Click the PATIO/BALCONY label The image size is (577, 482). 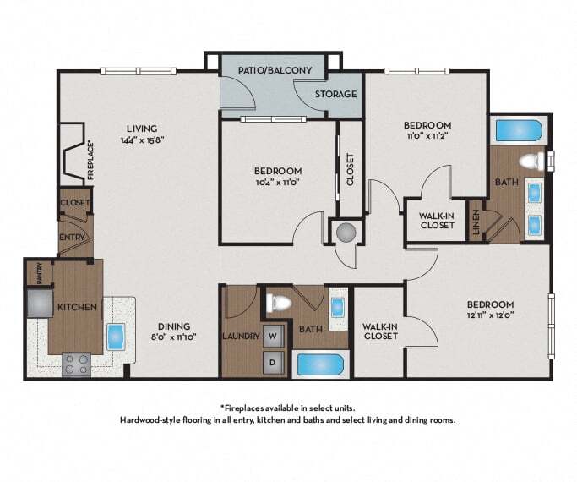pos(275,70)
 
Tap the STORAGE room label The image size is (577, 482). pos(335,94)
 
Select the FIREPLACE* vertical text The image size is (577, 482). pos(91,162)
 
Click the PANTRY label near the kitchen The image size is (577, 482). pos(40,273)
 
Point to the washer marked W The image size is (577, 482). pos(273,337)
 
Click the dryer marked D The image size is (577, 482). pos(273,362)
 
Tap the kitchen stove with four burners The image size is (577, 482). pos(77,364)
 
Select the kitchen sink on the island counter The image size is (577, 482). pos(117,337)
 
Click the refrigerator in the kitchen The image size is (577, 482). pos(40,303)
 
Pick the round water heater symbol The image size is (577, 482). pos(346,233)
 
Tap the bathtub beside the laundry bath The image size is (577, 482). pos(320,364)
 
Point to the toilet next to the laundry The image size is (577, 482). pos(279,303)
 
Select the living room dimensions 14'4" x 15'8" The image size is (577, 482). pos(142,140)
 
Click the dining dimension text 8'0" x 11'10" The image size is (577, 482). pos(174,337)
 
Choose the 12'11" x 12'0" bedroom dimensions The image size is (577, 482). pos(491,315)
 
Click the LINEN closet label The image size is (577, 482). pos(476,222)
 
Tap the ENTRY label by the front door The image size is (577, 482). pos(73,238)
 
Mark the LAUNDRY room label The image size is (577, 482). pos(241,337)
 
